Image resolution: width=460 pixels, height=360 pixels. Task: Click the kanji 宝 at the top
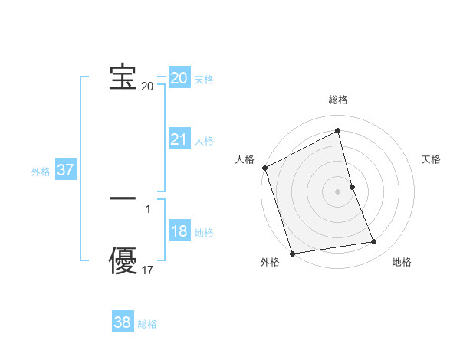click(123, 77)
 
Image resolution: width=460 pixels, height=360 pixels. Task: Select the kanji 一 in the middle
click(123, 198)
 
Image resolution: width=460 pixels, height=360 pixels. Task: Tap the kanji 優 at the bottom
click(123, 260)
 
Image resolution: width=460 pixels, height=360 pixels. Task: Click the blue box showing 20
click(179, 78)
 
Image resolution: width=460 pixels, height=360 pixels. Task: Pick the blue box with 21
click(179, 139)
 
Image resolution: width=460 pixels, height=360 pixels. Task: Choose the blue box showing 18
click(179, 232)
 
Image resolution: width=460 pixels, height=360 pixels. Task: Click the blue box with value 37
click(66, 170)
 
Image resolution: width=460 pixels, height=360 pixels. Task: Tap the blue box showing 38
click(123, 322)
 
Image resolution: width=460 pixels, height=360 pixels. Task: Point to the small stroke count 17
click(148, 270)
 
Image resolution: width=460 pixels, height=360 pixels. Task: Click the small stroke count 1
click(148, 208)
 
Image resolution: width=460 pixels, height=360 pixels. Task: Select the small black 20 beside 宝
click(147, 87)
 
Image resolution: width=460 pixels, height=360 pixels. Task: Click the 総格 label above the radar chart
click(338, 100)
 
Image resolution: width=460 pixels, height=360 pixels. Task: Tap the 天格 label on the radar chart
click(431, 159)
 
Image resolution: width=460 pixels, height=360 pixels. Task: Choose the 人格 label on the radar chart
click(245, 159)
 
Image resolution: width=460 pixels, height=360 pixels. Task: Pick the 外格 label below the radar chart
click(270, 262)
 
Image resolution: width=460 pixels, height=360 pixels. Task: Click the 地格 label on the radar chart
click(402, 262)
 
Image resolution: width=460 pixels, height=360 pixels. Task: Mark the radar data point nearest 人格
click(264, 168)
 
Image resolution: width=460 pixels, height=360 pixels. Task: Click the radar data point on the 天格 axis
click(352, 186)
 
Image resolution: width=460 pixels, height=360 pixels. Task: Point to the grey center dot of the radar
click(337, 191)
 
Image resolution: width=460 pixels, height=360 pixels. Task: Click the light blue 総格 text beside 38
click(147, 324)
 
